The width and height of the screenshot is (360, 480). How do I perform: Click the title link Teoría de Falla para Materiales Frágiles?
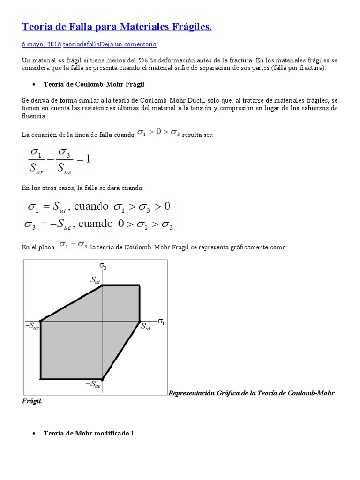pyautogui.click(x=117, y=28)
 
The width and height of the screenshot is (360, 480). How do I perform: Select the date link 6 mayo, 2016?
pyautogui.click(x=42, y=44)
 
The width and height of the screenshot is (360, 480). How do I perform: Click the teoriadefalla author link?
pyautogui.click(x=81, y=44)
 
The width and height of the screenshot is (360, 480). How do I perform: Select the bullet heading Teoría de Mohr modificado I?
pyautogui.click(x=89, y=433)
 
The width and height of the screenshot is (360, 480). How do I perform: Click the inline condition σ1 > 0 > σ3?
pyautogui.click(x=158, y=133)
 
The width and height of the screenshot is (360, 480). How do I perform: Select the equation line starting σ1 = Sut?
pyautogui.click(x=98, y=207)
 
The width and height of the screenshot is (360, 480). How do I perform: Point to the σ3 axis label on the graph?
pyautogui.click(x=103, y=267)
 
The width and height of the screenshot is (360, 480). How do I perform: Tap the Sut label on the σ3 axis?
pyautogui.click(x=95, y=280)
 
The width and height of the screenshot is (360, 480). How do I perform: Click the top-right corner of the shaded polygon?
pyautogui.click(x=139, y=285)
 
